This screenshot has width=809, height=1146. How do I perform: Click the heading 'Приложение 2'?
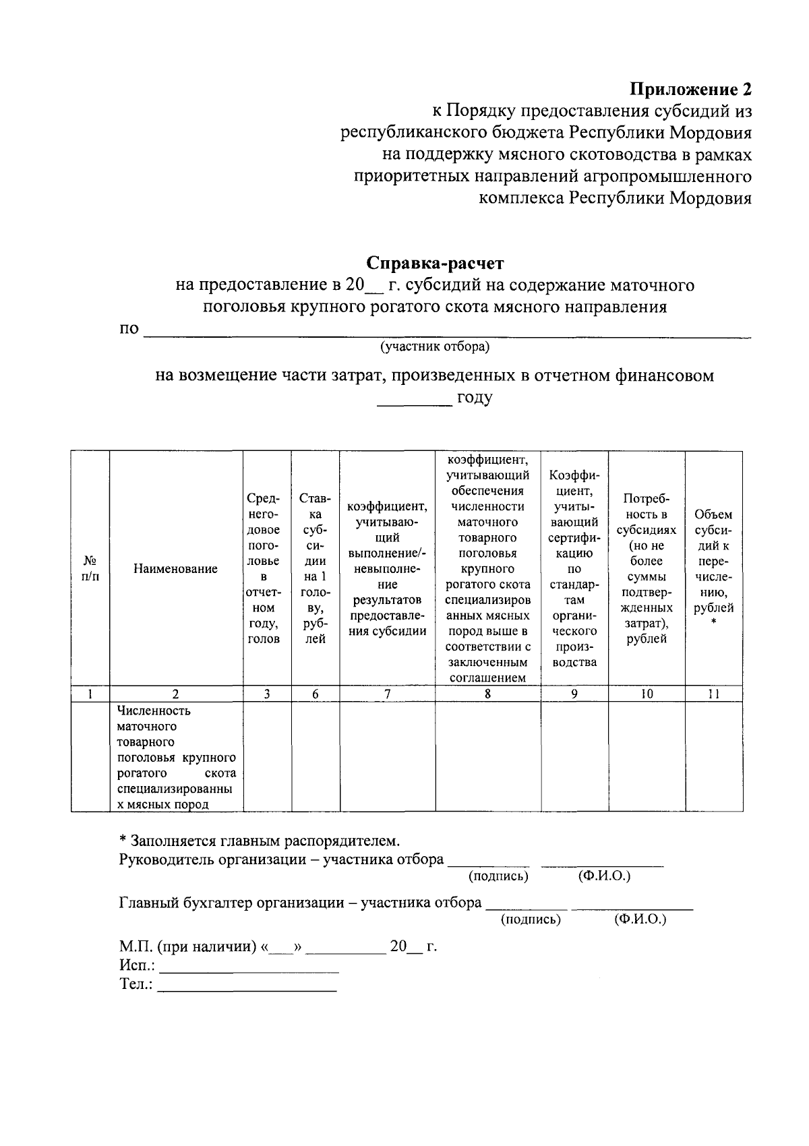click(x=690, y=89)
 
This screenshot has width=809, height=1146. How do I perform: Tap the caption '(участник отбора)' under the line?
click(x=435, y=346)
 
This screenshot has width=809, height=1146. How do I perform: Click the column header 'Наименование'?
click(x=175, y=569)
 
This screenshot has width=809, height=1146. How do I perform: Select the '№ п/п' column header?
click(x=90, y=569)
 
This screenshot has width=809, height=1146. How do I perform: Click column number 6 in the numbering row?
click(x=315, y=694)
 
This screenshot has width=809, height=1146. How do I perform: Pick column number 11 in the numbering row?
click(x=713, y=694)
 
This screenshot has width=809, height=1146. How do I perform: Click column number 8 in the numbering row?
click(x=487, y=694)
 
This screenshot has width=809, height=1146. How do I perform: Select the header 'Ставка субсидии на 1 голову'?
click(x=315, y=569)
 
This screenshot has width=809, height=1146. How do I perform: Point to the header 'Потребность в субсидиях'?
click(x=646, y=569)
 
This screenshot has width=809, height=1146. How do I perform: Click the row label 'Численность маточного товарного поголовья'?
click(x=175, y=757)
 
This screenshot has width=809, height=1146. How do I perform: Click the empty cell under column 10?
click(x=646, y=757)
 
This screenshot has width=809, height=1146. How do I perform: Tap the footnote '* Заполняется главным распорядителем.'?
click(x=259, y=841)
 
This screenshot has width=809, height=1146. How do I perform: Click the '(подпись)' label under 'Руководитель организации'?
click(x=498, y=876)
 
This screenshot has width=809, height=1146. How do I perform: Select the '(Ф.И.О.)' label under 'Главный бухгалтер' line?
click(x=640, y=919)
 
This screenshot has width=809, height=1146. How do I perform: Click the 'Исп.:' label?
click(x=137, y=966)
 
